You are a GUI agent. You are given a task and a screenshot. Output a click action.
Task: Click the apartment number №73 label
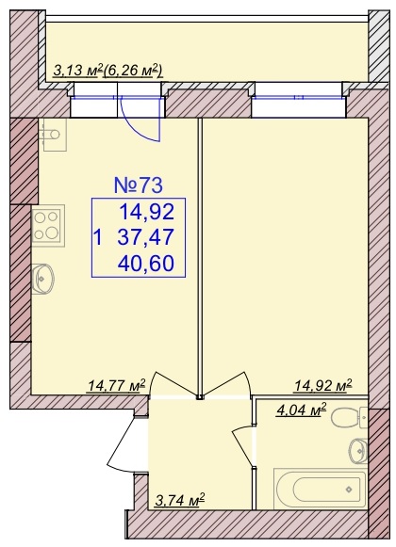point(139,185)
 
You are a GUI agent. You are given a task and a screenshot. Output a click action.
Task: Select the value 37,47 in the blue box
point(146,237)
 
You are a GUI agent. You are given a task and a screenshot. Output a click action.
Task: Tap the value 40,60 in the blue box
point(146,264)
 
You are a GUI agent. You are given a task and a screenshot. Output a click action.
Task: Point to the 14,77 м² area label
point(116,386)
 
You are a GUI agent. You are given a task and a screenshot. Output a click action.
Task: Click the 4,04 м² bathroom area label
point(302,410)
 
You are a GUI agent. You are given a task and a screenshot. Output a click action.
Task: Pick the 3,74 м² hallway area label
point(179,501)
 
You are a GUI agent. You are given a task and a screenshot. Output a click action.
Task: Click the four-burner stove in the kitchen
point(48,226)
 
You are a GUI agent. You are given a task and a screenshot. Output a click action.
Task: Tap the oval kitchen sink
point(42,279)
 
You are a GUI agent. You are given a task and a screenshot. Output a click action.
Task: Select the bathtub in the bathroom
point(320,489)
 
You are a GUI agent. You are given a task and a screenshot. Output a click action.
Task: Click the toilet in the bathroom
point(349,418)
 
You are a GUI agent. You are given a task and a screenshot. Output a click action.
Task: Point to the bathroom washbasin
point(358,451)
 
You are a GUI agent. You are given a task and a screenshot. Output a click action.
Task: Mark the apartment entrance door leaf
point(122,442)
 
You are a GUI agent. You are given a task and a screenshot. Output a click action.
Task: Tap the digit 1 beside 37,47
point(99,237)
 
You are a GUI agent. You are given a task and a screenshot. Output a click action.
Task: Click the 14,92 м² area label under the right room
point(323,386)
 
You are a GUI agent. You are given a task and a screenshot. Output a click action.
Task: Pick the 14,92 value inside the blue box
point(147,212)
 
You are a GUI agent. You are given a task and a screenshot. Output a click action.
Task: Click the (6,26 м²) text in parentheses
point(134,71)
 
